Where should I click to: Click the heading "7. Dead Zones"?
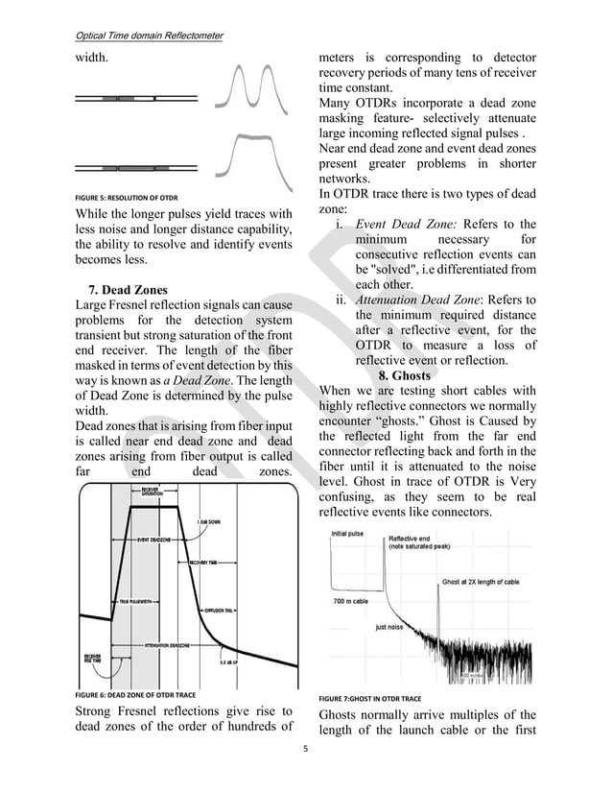point(127,289)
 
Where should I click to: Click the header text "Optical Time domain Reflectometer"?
point(148,36)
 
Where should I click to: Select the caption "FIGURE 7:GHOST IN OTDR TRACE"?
point(369,698)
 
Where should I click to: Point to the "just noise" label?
point(388,627)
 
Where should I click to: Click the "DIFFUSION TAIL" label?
point(220,611)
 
